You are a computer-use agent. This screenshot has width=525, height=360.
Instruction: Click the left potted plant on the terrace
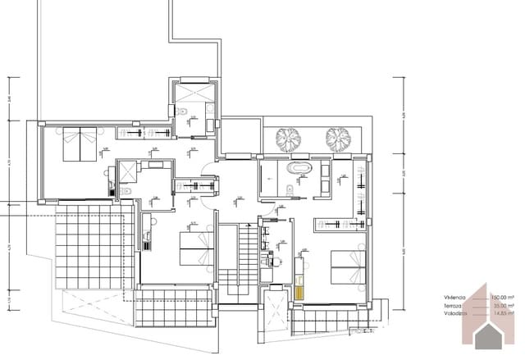tap(288, 139)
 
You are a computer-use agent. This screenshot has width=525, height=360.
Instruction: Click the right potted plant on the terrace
tap(337, 139)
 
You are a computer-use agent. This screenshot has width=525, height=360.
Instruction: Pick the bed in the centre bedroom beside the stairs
tap(194, 245)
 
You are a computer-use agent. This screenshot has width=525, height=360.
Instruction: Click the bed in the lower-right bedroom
tap(347, 269)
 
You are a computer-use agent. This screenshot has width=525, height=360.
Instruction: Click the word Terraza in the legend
tap(453, 305)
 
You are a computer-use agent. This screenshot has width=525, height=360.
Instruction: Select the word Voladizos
tap(454, 312)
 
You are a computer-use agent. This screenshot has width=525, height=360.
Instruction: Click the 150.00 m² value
tap(501, 297)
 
